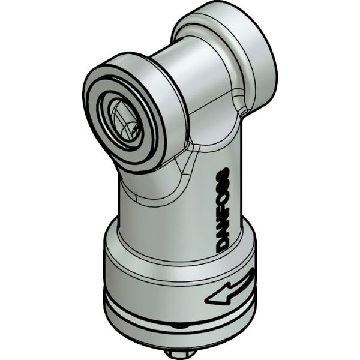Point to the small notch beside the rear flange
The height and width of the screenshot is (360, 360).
243,111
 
